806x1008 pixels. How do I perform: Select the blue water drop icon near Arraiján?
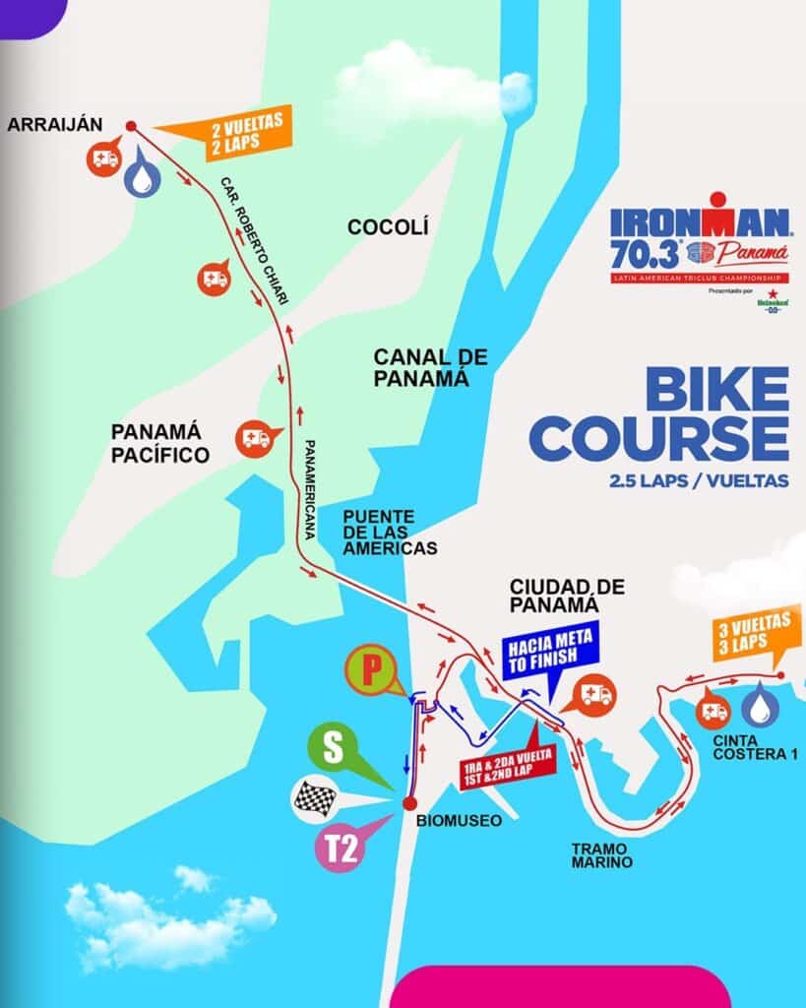[x=144, y=174]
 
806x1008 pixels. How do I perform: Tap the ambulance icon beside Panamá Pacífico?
[x=255, y=437]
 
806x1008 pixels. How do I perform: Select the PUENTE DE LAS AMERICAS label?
[x=390, y=533]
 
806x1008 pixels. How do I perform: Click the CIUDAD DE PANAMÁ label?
[x=568, y=596]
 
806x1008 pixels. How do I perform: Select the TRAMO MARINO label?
[x=599, y=854]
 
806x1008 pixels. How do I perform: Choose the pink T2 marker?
[x=338, y=849]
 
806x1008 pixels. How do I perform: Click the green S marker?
[x=334, y=748]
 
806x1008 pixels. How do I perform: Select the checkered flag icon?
[x=317, y=799]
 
